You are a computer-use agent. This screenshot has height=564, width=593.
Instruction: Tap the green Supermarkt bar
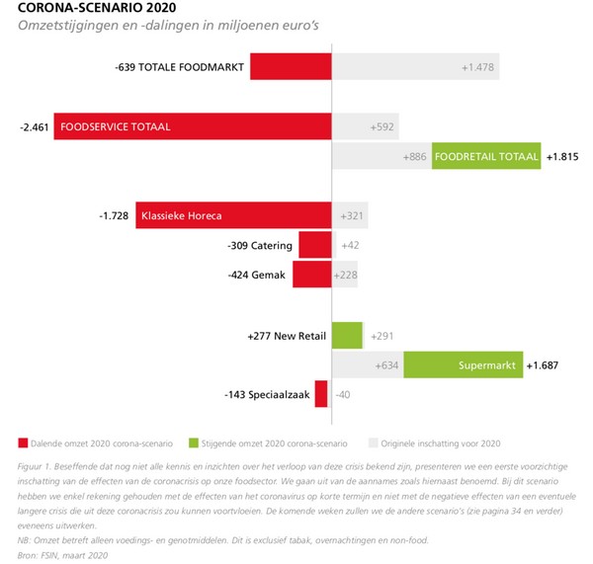click(464, 365)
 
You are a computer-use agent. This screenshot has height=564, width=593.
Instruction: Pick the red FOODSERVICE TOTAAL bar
click(192, 127)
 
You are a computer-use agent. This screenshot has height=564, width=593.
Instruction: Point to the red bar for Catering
click(314, 244)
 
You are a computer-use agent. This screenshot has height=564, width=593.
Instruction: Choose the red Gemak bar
click(311, 275)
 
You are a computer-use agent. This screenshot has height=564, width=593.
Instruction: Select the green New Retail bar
click(347, 336)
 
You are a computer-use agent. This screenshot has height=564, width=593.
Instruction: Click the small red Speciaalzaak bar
click(321, 394)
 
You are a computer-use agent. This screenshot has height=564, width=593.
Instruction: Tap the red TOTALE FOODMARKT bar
click(290, 66)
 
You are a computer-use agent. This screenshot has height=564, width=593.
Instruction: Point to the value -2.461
click(34, 127)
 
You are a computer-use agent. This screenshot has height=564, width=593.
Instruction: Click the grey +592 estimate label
click(381, 127)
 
